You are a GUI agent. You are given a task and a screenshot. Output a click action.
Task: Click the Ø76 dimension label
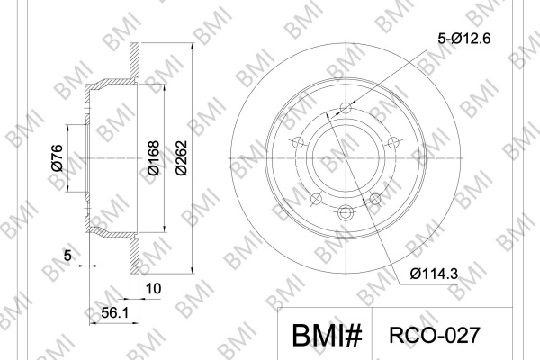pyautogui.click(x=58, y=157)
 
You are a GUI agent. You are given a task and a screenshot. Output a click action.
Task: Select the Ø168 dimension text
pyautogui.click(x=154, y=157)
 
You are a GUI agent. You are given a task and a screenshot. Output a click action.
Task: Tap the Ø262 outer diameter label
pyautogui.click(x=181, y=157)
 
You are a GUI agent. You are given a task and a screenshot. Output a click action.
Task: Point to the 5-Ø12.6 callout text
pyautogui.click(x=463, y=39)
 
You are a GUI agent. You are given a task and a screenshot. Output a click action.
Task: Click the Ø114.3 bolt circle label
pyautogui.click(x=435, y=274)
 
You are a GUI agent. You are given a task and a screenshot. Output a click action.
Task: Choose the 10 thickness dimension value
pyautogui.click(x=153, y=289)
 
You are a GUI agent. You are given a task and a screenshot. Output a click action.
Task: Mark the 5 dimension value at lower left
pyautogui.click(x=67, y=256)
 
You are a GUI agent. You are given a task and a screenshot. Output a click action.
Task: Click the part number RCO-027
pyautogui.click(x=435, y=335)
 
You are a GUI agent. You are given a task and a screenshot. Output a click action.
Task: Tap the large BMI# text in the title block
pyautogui.click(x=328, y=335)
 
